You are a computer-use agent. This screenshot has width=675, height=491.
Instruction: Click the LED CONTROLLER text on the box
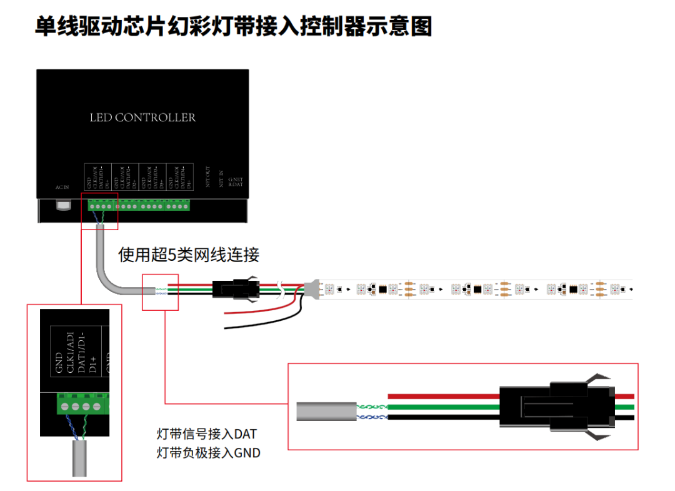tap(142, 118)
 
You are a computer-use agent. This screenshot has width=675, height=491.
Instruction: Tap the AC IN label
tap(61, 186)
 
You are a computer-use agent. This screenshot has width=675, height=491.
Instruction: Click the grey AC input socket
tap(62, 205)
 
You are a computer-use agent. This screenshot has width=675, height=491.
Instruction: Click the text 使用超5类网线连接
tap(189, 255)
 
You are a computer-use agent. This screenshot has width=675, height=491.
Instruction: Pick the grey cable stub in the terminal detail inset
tap(79, 459)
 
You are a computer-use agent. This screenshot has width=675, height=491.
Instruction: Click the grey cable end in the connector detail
tap(326, 412)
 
